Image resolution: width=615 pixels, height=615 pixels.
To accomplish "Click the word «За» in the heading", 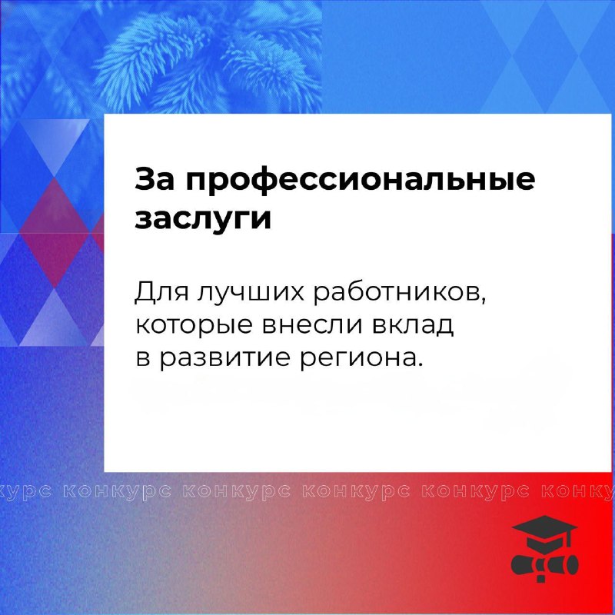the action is [x=155, y=179].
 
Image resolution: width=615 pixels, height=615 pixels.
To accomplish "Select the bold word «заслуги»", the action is [x=203, y=219].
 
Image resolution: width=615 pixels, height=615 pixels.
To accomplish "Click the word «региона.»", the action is [x=361, y=359].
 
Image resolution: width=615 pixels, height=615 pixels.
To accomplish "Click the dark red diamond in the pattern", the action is [x=54, y=233].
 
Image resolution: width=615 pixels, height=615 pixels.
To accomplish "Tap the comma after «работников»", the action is [x=484, y=301].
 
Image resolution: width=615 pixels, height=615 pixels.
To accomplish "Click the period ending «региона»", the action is [x=421, y=364].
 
